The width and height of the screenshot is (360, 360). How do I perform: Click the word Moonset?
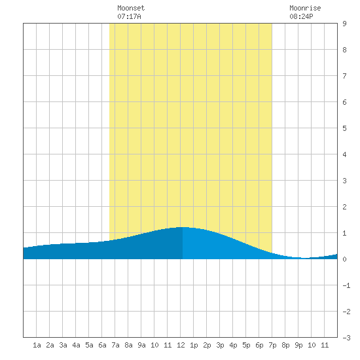[x=131, y=8]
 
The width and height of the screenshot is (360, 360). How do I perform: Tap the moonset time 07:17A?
[x=129, y=16]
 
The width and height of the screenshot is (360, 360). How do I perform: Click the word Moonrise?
[x=305, y=8]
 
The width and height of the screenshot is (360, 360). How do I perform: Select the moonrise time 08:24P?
[x=301, y=16]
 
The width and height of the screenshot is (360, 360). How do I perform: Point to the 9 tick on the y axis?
[x=344, y=24]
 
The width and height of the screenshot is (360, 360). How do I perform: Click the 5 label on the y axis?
[x=344, y=128]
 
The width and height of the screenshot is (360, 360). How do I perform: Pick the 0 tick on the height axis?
[x=344, y=259]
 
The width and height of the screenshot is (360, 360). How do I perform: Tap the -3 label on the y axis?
[x=346, y=338]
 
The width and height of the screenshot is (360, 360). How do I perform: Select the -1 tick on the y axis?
[x=346, y=285]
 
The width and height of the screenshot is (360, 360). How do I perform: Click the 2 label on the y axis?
[x=344, y=207]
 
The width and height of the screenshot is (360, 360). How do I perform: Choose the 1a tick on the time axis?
[x=37, y=345]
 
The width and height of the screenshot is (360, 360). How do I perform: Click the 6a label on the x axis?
[x=102, y=345]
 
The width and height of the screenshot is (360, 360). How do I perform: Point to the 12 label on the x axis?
[x=181, y=345]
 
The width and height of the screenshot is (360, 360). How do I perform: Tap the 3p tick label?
[x=220, y=345]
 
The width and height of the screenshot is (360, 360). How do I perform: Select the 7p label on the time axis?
[x=272, y=345]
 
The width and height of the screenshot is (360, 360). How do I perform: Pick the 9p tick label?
[x=298, y=345]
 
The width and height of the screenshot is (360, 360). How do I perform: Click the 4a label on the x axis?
[x=76, y=345]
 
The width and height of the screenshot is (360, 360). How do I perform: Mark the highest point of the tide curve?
[x=183, y=227]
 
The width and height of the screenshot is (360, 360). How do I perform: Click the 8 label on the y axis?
[x=344, y=50]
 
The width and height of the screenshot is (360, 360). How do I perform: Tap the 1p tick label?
[x=194, y=345]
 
